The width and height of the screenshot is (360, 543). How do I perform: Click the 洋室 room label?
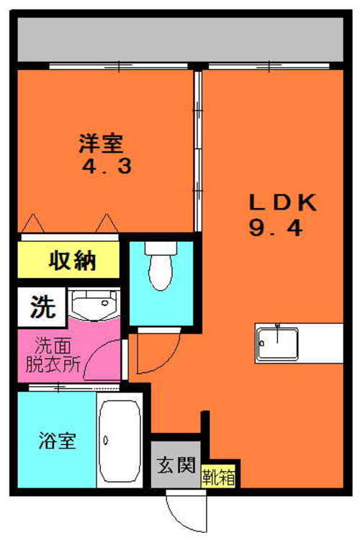coord(101,143)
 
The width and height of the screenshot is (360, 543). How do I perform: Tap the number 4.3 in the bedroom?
coord(107,166)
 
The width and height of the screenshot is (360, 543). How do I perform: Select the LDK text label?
coord(283,203)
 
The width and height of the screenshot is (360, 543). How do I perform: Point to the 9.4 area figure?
coord(276,228)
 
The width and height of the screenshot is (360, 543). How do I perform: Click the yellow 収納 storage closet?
coord(68,260)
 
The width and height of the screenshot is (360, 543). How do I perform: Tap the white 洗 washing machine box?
coord(42,307)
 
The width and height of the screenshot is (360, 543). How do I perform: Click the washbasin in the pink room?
coord(94,303)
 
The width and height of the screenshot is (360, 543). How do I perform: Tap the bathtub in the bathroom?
coord(120,441)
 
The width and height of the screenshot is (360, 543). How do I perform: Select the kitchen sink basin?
coord(277,344)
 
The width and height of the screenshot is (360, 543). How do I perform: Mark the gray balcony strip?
coord(180,40)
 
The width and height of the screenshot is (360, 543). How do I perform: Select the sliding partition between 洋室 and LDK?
coord(198,151)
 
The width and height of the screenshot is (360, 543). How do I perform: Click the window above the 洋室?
coord(118,66)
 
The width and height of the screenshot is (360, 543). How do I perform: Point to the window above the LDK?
coord(269,66)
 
